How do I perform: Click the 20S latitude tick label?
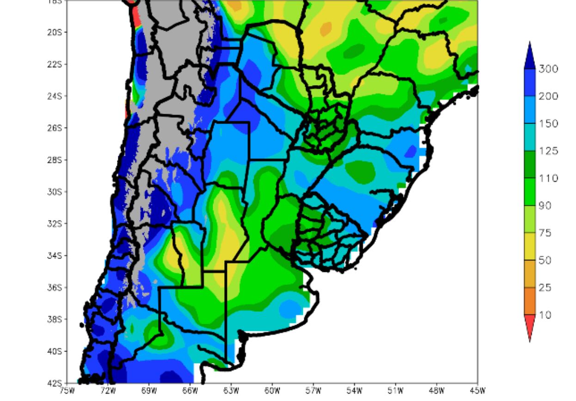[x=58, y=32]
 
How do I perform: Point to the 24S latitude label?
[x=58, y=96]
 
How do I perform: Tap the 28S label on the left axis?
[x=58, y=160]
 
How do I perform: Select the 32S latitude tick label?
[x=58, y=224]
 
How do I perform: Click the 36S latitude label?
[x=58, y=288]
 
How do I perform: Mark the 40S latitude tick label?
[x=58, y=352]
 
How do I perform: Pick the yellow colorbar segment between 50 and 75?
[x=530, y=247]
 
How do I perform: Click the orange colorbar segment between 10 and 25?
[x=530, y=301]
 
